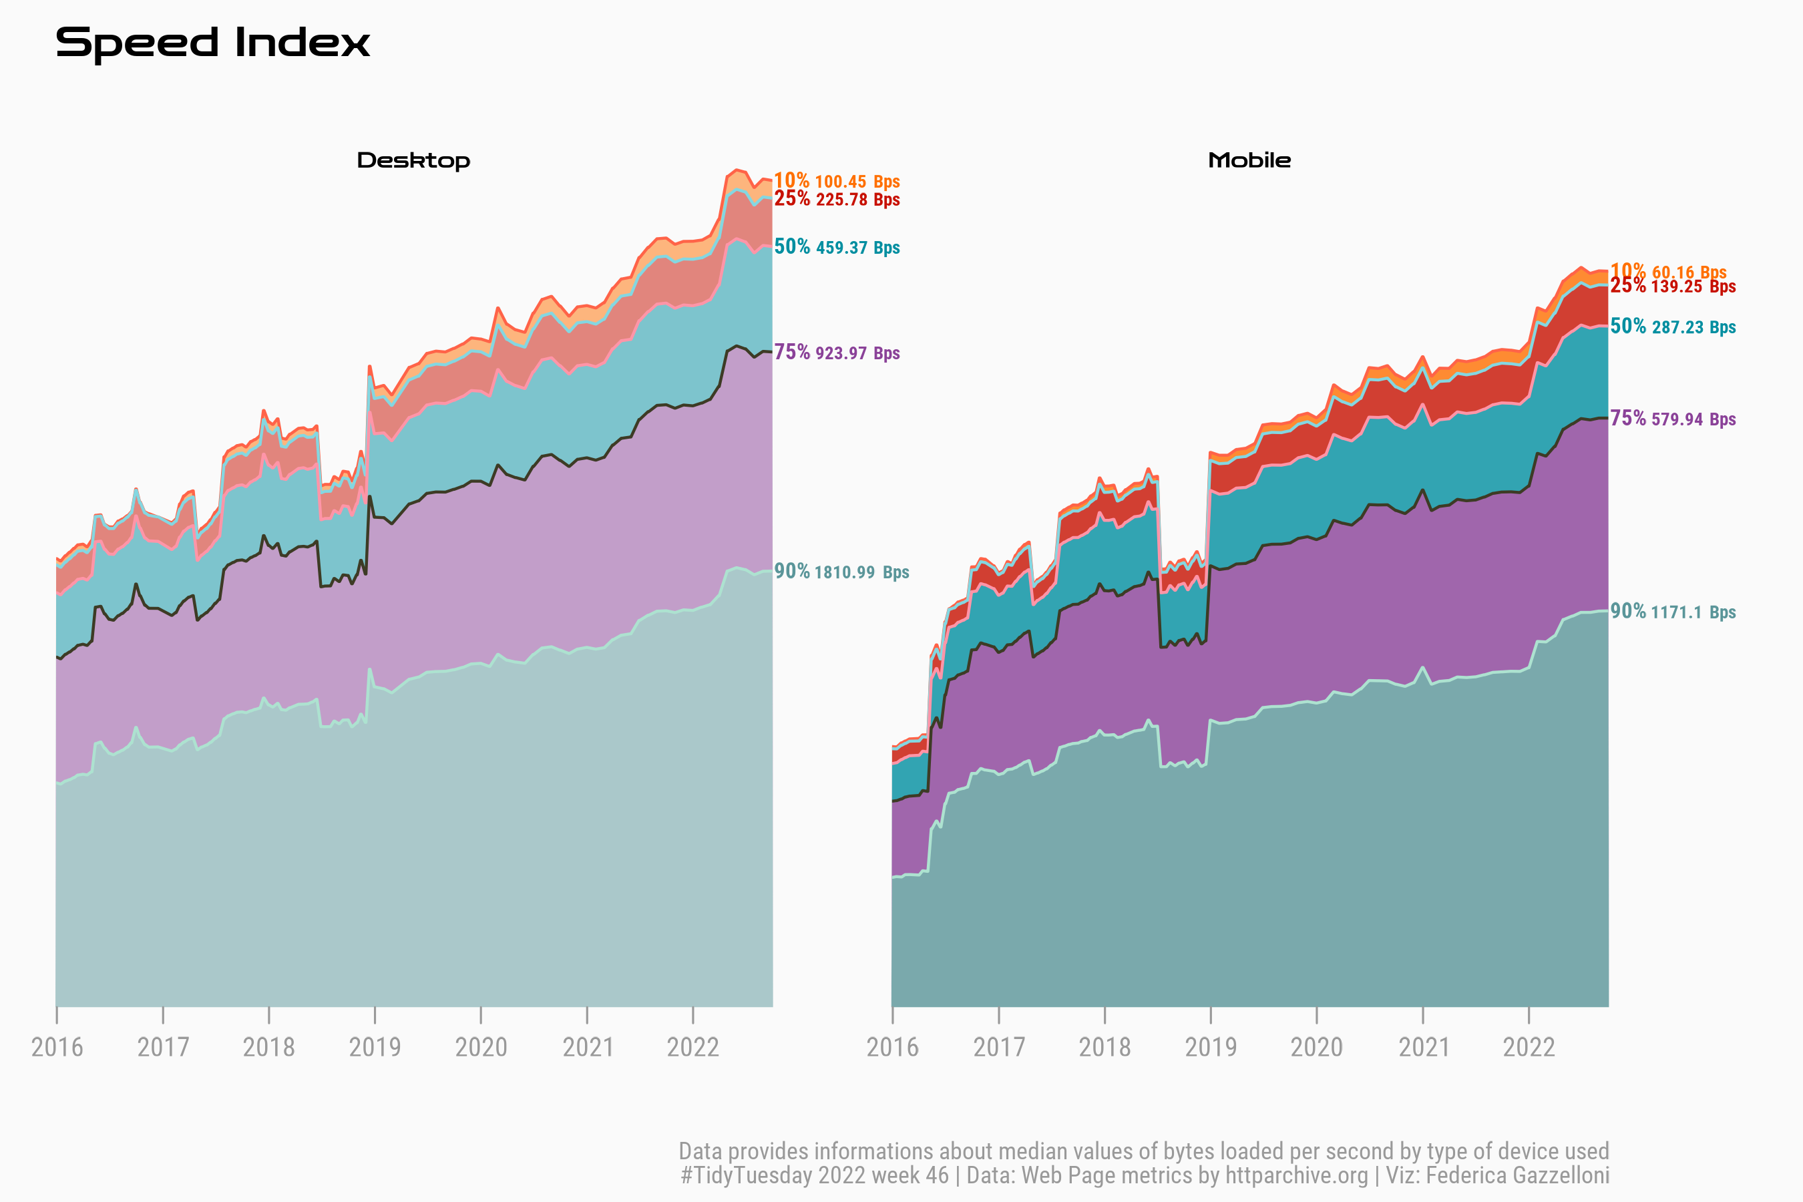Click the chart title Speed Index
(x=212, y=43)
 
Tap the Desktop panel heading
(x=413, y=161)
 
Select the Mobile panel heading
(x=1249, y=161)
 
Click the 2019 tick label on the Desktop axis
(x=375, y=1047)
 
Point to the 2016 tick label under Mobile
(x=892, y=1047)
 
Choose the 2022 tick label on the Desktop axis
(x=693, y=1047)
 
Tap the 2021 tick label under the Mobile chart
(x=1424, y=1047)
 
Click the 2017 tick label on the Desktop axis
(x=162, y=1047)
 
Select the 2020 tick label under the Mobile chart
(x=1316, y=1047)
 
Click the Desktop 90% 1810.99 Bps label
(x=841, y=572)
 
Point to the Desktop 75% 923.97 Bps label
(x=836, y=353)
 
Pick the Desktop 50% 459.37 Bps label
(x=836, y=247)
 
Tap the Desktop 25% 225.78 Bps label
(x=836, y=199)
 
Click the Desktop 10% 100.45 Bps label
(x=836, y=181)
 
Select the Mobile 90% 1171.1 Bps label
(x=1673, y=612)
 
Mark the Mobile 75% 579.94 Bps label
(x=1673, y=419)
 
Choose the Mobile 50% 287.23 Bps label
(x=1673, y=327)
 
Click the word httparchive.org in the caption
(x=1296, y=1176)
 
